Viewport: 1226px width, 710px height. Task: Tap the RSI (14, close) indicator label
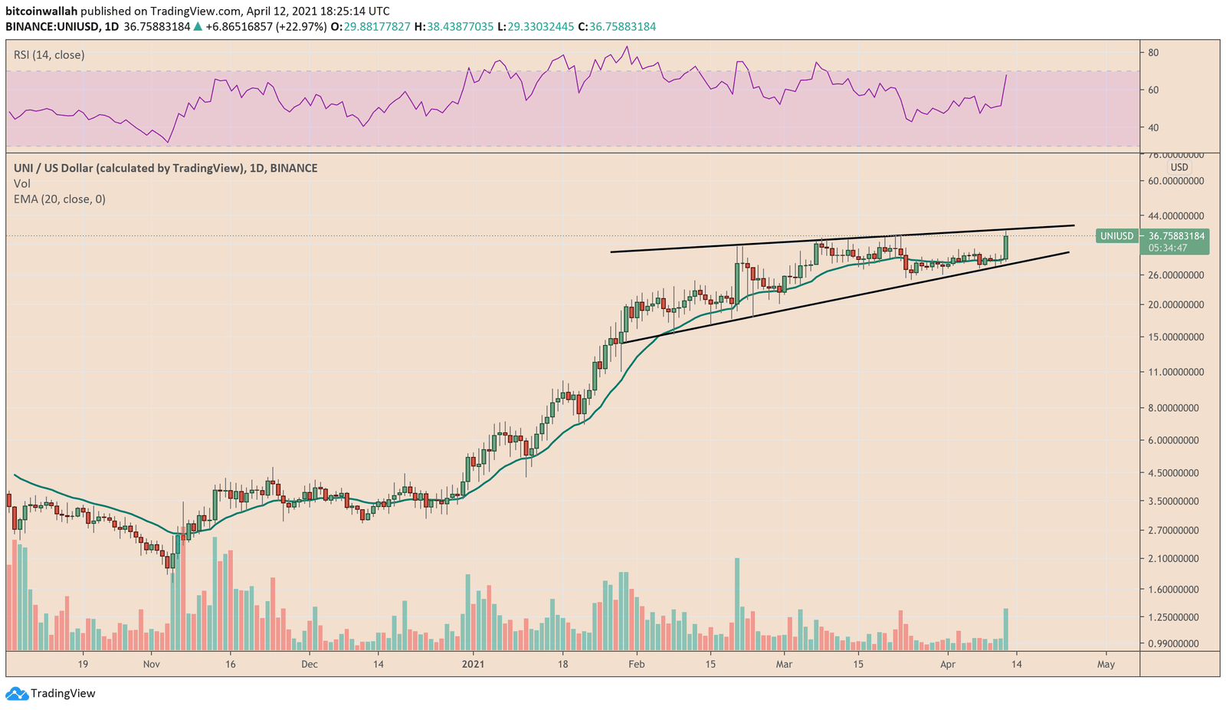point(49,55)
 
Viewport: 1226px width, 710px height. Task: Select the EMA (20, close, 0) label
point(60,199)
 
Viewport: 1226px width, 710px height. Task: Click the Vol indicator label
point(22,184)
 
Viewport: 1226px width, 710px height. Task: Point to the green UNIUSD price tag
point(1116,236)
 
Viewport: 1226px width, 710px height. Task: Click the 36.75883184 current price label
point(1176,236)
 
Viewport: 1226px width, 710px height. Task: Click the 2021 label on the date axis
point(474,664)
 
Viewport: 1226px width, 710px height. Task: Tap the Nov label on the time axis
point(152,664)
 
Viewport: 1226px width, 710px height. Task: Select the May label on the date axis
point(1106,664)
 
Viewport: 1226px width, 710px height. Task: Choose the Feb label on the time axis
point(637,664)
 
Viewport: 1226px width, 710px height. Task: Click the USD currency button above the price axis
point(1178,167)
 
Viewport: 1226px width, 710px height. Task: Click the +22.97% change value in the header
point(305,27)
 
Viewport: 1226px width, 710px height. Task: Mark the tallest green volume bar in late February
point(737,604)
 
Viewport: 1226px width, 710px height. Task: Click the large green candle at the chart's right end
point(1005,247)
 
